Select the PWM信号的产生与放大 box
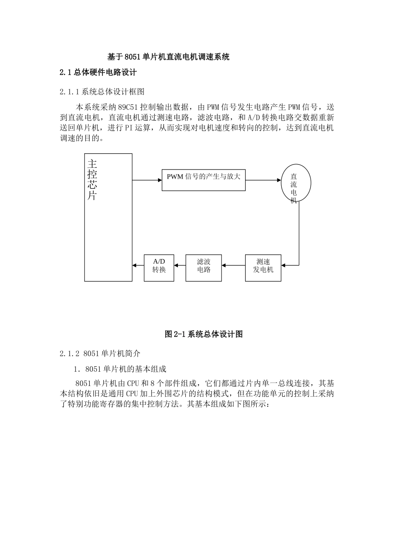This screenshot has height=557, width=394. (x=203, y=180)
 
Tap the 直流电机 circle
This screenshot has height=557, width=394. (x=295, y=183)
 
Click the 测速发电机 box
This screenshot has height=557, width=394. (x=263, y=268)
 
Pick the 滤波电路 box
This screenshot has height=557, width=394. (x=204, y=268)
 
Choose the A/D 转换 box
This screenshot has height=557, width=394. (x=159, y=268)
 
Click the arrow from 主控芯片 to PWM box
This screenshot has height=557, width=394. (x=147, y=180)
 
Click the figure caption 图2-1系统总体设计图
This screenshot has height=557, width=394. (x=203, y=334)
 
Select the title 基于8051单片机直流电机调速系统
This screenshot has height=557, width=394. (x=168, y=57)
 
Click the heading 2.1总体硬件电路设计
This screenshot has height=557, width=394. (x=98, y=73)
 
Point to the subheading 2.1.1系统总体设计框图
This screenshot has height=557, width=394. (x=102, y=91)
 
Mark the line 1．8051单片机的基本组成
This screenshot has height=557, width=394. (x=120, y=369)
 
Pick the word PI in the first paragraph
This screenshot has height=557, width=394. (x=128, y=128)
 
